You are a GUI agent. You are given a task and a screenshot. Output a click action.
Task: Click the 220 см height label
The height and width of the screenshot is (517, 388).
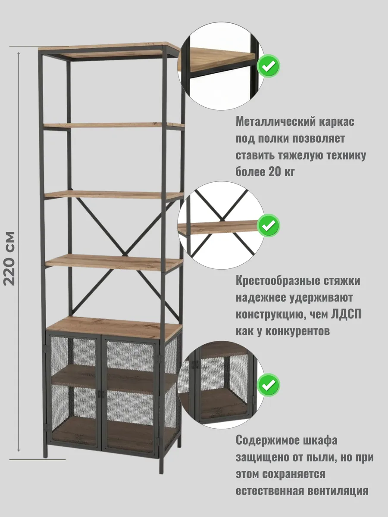click(9, 258)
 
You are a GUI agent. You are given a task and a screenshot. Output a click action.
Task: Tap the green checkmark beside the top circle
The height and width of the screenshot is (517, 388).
click(269, 66)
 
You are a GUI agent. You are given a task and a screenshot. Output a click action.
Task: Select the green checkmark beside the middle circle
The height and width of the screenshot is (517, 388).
click(269, 225)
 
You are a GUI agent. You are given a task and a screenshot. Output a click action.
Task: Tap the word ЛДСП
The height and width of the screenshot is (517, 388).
click(347, 314)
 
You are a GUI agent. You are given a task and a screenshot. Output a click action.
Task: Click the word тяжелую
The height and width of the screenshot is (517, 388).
click(306, 155)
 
